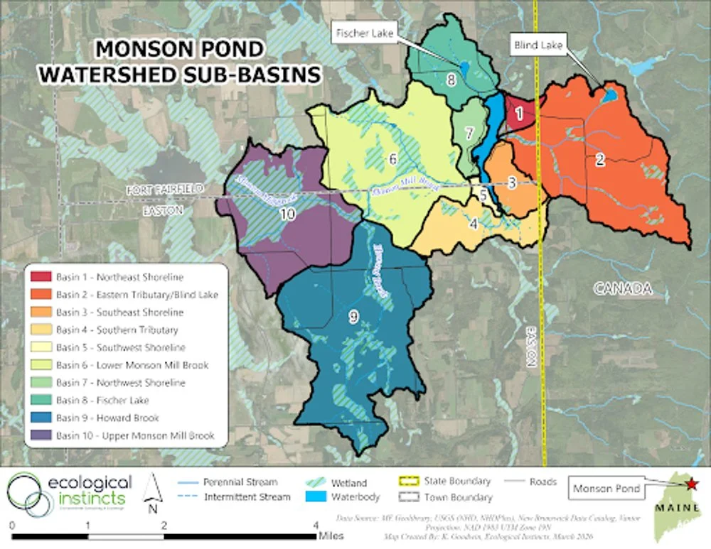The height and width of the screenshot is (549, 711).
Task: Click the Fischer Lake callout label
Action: pyautogui.click(x=364, y=33)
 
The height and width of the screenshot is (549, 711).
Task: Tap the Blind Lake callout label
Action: pyautogui.click(x=538, y=45)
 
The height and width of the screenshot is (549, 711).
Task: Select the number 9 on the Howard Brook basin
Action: pyautogui.click(x=353, y=318)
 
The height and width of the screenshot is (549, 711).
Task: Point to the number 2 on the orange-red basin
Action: pyautogui.click(x=599, y=160)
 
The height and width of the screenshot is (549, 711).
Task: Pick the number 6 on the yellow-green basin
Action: pyautogui.click(x=392, y=160)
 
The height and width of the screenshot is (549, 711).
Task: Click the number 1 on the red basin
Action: pyautogui.click(x=519, y=112)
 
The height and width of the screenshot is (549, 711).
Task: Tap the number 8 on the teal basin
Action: pyautogui.click(x=451, y=80)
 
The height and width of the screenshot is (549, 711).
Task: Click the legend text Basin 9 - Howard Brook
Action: pyautogui.click(x=107, y=418)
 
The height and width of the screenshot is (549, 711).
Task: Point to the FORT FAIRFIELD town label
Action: pyautogui.click(x=165, y=190)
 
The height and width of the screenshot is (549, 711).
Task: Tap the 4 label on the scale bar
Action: pyautogui.click(x=316, y=526)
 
